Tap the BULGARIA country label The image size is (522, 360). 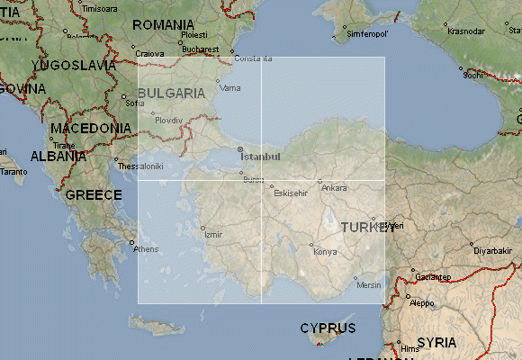tap(171, 93)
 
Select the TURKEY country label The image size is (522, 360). tap(367, 228)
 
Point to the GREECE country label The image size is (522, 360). tap(93, 195)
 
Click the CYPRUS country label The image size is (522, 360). tap(328, 328)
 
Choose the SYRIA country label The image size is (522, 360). tap(436, 343)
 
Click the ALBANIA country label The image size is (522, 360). tap(58, 156)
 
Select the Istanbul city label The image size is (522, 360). tap(260, 157)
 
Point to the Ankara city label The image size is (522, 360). tap(334, 188)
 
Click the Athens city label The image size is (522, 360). tap(146, 249)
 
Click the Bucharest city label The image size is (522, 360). tap(200, 49)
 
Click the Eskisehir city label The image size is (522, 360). tap(291, 193)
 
